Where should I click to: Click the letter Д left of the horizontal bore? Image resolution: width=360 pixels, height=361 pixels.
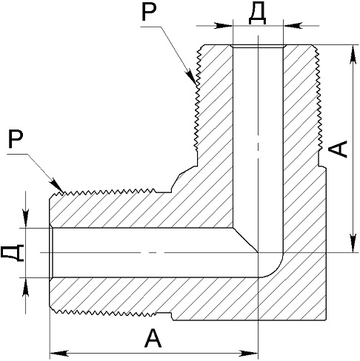pos(12,253)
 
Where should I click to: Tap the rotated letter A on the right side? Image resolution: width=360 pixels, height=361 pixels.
pos(337,149)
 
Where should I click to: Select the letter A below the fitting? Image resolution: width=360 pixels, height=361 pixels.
pos(153,337)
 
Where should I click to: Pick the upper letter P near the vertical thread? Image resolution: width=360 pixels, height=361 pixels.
pos(149,11)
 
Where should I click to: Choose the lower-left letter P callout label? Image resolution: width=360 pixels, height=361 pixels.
pos(16,139)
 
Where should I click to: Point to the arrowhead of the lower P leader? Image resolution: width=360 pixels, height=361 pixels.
pos(56,186)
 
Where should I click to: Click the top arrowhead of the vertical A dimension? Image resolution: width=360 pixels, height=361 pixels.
pos(353,55)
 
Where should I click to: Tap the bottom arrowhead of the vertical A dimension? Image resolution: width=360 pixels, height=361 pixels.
pos(353,243)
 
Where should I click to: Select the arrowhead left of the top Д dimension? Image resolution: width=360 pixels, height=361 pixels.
pos(224,25)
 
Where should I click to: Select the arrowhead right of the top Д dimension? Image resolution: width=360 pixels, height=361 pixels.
pos(293,25)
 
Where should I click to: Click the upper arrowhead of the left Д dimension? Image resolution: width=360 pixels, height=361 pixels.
pos(25,218)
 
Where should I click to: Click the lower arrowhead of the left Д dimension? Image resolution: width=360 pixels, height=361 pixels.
pos(25,287)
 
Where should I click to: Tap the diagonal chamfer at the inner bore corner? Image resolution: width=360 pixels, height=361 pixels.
pos(245,240)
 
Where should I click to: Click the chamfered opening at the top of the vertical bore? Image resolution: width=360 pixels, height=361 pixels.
pos(258,47)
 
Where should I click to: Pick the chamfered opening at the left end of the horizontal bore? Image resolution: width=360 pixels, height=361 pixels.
pos(51,253)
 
